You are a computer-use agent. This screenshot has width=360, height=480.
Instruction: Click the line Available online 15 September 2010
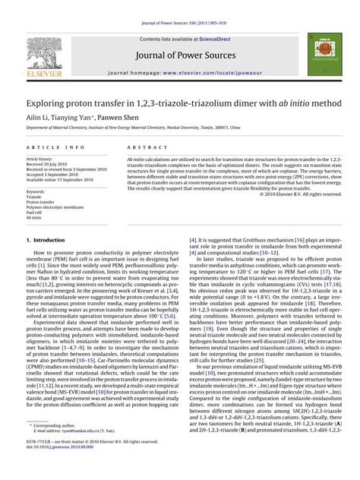pos(59,184)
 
